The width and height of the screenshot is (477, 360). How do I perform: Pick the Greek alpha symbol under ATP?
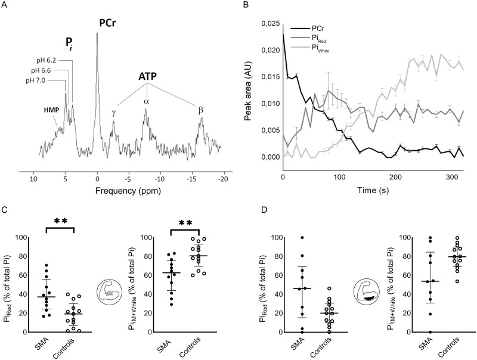coord(145,101)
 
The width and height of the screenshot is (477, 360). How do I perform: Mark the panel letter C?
coord(5,210)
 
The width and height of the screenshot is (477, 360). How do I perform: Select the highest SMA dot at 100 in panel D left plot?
coord(268,238)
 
